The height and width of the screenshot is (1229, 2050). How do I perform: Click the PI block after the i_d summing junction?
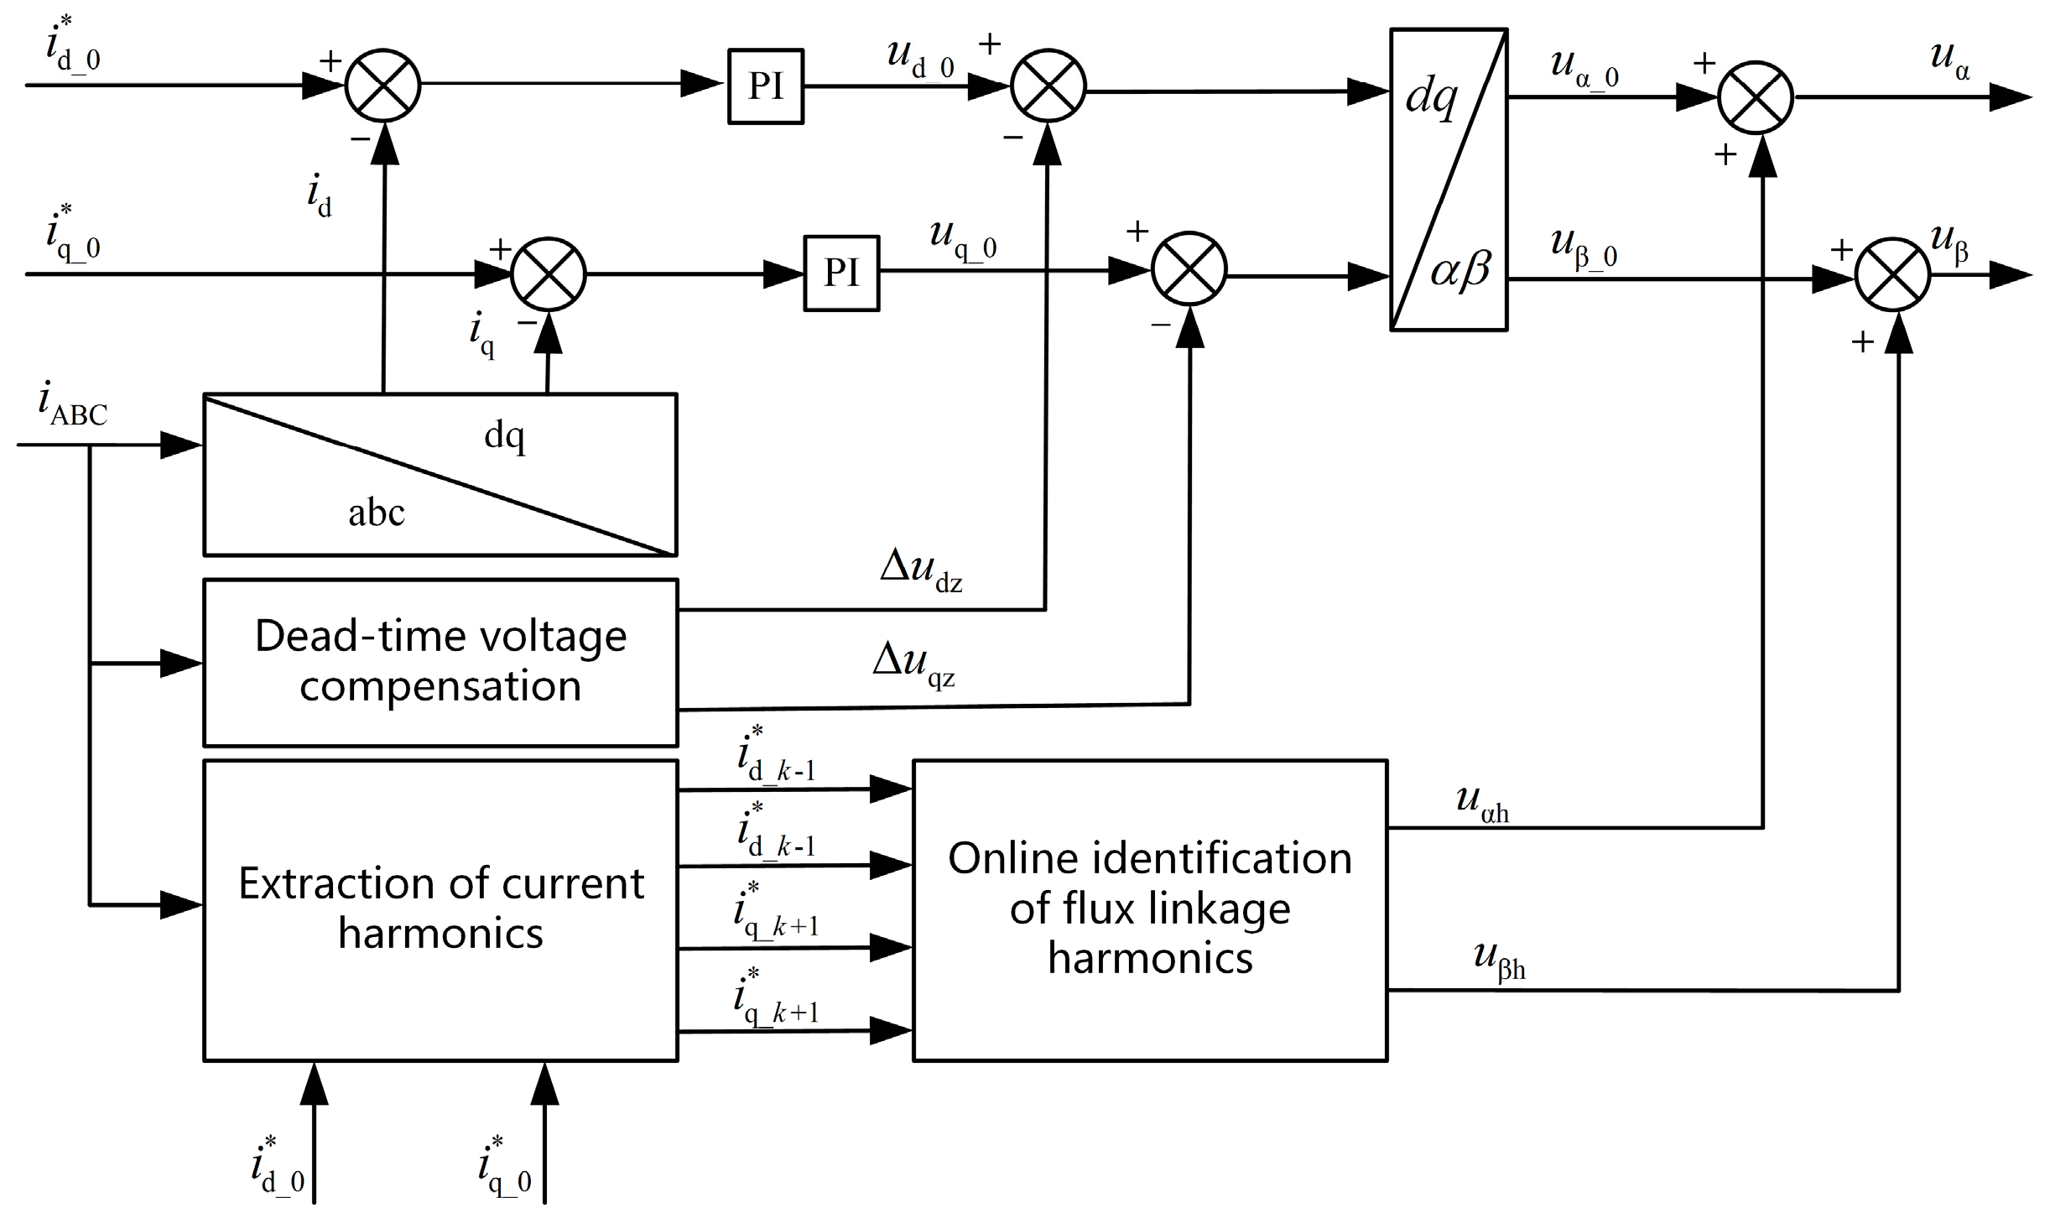point(765,86)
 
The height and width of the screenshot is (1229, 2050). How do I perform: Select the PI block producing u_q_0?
point(841,273)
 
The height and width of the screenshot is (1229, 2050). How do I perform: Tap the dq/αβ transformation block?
point(1449,180)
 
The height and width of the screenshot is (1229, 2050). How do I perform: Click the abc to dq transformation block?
point(440,474)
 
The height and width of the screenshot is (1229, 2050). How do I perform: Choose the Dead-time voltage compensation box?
point(440,662)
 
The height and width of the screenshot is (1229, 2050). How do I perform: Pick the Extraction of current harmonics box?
point(440,910)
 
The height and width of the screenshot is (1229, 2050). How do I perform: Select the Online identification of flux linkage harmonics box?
point(1149,910)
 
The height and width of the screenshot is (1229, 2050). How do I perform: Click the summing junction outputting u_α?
point(1756,97)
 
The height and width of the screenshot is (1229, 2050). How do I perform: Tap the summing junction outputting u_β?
point(1892,274)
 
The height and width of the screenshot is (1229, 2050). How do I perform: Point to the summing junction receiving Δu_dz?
point(1048,86)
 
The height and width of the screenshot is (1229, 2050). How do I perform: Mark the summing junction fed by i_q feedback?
point(549,273)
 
